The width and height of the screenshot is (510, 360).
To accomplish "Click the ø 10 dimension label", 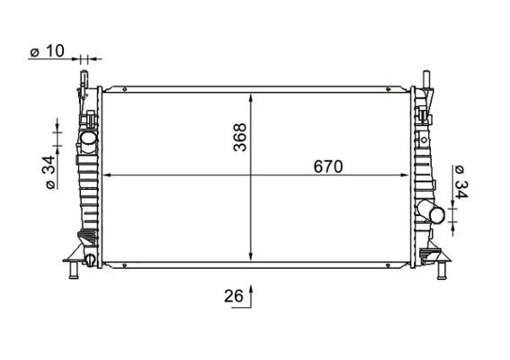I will (x=47, y=52).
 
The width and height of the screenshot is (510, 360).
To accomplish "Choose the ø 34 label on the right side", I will (x=461, y=181).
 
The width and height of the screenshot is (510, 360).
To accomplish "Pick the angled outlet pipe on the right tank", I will (x=432, y=213).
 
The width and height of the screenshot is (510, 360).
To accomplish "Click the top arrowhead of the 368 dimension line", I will (x=251, y=95).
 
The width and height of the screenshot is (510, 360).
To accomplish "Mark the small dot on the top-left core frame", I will (x=127, y=88).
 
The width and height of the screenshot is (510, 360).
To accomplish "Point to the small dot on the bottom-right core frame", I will (x=388, y=265).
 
